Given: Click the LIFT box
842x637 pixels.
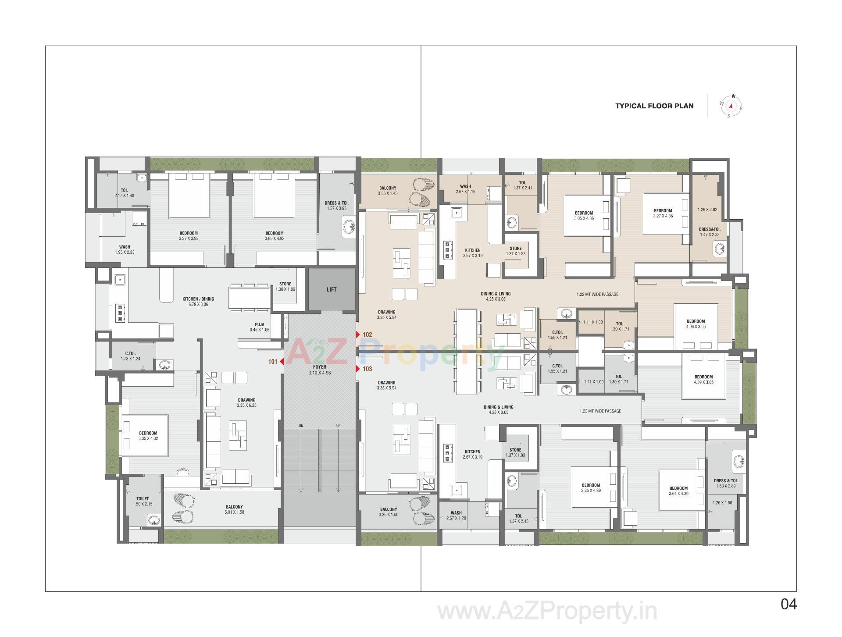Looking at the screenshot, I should [332, 289].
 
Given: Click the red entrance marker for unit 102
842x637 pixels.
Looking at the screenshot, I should [358, 335].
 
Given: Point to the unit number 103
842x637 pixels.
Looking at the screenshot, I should [367, 369].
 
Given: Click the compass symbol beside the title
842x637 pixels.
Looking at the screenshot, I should [731, 106].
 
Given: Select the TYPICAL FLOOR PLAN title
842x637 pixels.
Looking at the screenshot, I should [654, 106].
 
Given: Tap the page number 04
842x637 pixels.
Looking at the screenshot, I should [788, 605].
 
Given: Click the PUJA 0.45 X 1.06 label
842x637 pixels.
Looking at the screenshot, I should [259, 327].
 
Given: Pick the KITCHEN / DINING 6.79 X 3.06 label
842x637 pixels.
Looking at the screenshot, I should [198, 302].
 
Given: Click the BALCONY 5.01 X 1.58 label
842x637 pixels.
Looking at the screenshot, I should [234, 509].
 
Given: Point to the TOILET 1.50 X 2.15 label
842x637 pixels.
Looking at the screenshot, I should [143, 501].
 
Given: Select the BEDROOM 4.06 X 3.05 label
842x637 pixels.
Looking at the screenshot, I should [696, 324].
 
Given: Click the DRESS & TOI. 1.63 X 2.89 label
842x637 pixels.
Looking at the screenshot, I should [725, 483].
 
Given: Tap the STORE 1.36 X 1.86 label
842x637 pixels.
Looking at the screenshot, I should [285, 286].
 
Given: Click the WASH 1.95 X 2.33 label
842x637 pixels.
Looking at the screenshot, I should [125, 249].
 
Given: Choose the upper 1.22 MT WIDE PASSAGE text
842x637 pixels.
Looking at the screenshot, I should [597, 294].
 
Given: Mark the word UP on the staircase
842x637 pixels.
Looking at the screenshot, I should [338, 426].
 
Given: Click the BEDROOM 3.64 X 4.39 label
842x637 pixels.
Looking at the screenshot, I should [678, 491].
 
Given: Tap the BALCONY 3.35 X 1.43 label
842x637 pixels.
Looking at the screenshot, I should [387, 191].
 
